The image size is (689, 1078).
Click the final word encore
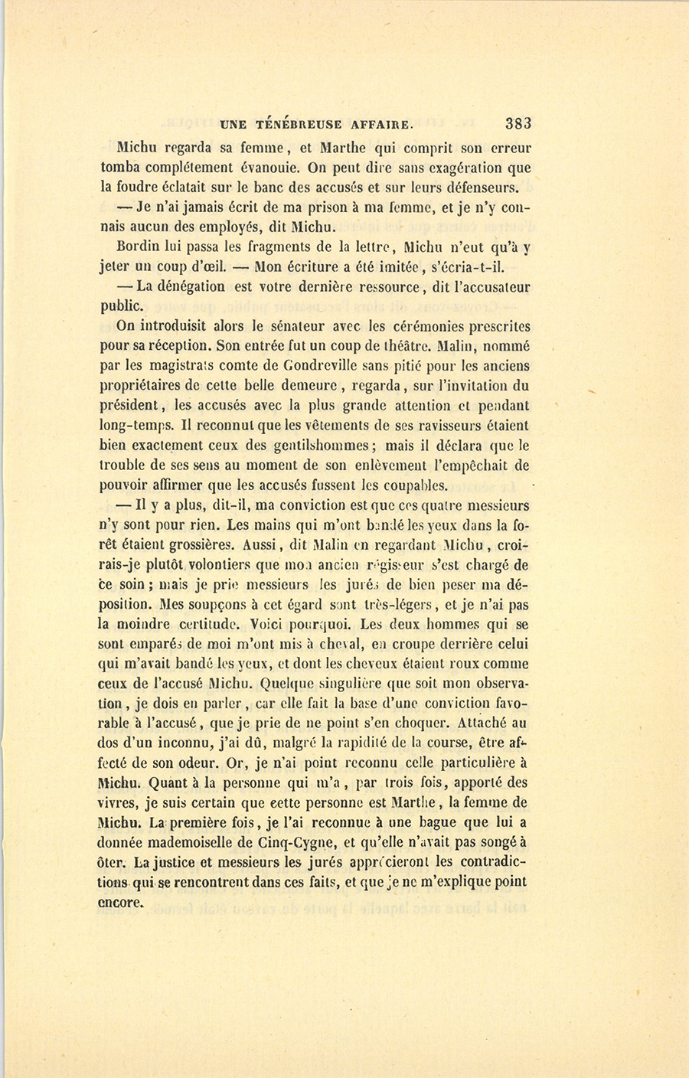coord(121,902)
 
